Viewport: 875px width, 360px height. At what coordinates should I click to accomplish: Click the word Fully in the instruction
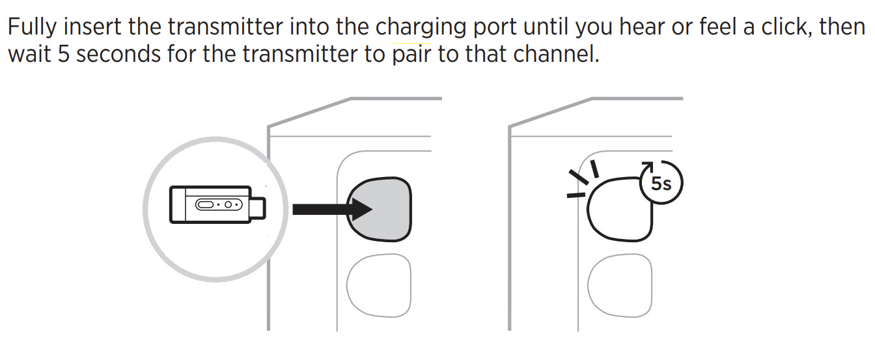pos(32,28)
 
